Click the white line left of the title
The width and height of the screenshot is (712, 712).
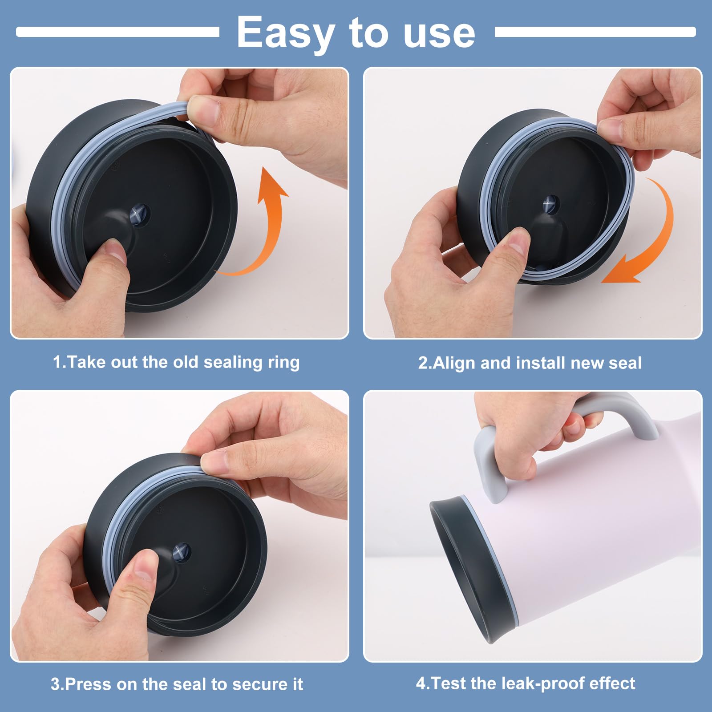click(x=118, y=32)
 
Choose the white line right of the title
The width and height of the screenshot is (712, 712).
click(x=595, y=32)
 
